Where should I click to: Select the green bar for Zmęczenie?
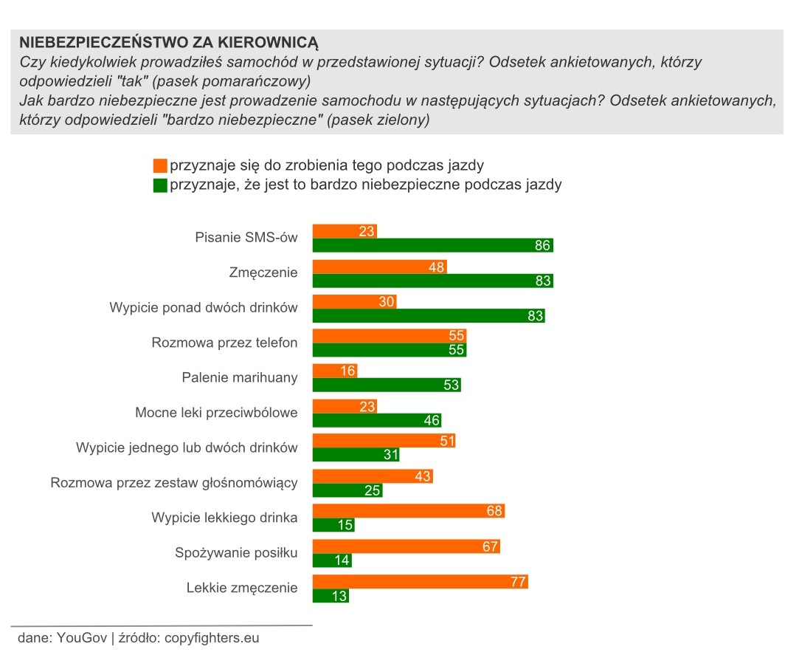(432, 281)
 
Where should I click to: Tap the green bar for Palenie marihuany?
(386, 385)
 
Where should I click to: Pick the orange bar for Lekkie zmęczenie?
(421, 582)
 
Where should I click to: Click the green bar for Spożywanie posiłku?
(332, 560)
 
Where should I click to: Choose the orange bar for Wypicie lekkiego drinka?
(409, 511)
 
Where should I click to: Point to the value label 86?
(542, 245)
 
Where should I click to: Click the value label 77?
(518, 582)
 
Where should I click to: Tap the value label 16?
(348, 371)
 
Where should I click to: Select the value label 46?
(432, 420)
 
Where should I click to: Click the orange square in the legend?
(160, 165)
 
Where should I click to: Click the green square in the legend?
(160, 185)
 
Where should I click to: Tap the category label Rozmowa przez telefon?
(224, 343)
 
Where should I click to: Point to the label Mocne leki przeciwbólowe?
(216, 413)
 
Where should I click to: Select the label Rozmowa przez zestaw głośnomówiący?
(174, 483)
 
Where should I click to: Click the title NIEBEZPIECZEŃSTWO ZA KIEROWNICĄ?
(168, 43)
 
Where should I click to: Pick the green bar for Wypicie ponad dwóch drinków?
(429, 315)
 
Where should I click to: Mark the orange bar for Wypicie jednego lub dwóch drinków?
(384, 441)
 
